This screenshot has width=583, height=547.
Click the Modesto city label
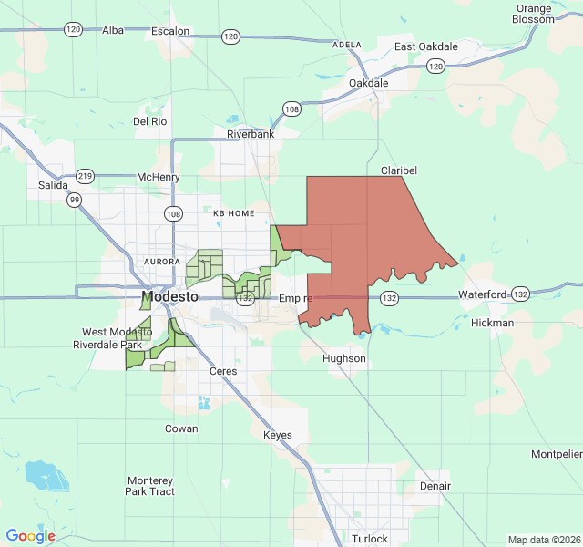170,298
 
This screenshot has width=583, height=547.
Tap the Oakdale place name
369,83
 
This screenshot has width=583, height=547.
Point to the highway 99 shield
74,199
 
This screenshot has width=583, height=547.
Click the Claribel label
397,170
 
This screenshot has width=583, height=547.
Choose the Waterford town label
481,294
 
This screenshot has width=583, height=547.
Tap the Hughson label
344,359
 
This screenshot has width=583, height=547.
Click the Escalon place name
170,31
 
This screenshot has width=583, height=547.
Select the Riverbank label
251,135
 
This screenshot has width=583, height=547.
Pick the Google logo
31,536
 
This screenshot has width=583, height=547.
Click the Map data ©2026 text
543,540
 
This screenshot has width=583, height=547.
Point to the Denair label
435,486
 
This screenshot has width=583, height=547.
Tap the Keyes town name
277,435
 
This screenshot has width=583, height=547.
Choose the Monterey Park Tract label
150,486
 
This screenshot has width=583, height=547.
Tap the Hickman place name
493,323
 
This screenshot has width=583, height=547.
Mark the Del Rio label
150,120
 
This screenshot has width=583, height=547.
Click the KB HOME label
234,212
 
